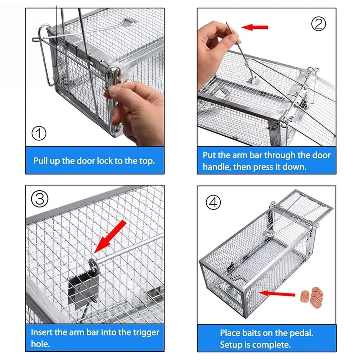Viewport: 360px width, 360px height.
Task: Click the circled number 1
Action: pyautogui.click(x=39, y=134)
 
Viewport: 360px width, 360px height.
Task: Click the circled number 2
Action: pyautogui.click(x=318, y=24)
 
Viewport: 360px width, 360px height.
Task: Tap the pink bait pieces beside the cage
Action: pyautogui.click(x=312, y=295)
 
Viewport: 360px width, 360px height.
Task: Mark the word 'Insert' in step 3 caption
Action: pyautogui.click(x=42, y=332)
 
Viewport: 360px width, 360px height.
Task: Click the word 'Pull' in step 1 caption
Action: pyautogui.click(x=41, y=161)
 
